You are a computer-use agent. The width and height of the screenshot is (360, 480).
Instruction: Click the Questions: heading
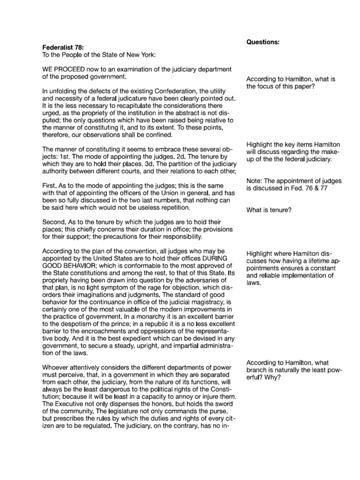click(263, 42)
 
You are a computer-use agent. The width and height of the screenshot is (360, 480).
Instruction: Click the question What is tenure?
click(269, 210)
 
